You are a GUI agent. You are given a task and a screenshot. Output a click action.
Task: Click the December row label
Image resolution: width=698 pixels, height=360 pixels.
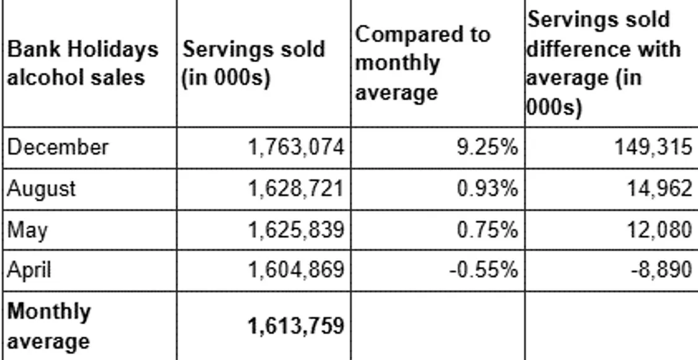(x=58, y=148)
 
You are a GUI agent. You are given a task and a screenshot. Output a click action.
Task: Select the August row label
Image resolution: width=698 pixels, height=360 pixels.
(x=42, y=189)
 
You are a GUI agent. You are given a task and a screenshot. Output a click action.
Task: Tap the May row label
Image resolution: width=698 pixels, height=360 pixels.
(x=27, y=230)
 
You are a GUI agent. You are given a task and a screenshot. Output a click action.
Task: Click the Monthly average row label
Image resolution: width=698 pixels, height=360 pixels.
(x=49, y=326)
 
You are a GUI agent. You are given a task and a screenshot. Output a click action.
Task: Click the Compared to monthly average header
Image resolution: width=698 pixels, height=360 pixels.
(x=422, y=63)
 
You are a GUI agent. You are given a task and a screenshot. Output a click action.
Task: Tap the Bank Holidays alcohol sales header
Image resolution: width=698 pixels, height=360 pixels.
(x=83, y=63)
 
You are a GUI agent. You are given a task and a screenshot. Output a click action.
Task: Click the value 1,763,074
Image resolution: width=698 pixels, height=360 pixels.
(x=295, y=148)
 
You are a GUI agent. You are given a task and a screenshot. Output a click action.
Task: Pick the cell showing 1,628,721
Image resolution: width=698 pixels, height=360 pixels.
(x=295, y=189)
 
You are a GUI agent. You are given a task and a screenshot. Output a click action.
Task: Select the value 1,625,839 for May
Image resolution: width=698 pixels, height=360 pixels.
(x=295, y=230)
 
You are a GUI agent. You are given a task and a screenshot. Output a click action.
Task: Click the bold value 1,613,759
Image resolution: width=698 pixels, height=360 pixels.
(x=295, y=326)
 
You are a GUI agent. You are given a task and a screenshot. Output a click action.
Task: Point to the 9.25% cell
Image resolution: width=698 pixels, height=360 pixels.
(x=488, y=148)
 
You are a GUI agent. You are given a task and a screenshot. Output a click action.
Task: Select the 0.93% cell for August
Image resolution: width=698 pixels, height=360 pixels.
(x=488, y=189)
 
